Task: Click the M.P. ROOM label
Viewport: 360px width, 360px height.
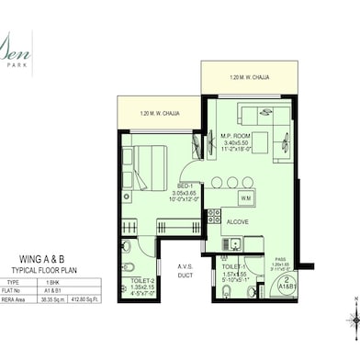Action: [236, 136]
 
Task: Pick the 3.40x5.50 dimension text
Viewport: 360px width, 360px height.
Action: [236, 143]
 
